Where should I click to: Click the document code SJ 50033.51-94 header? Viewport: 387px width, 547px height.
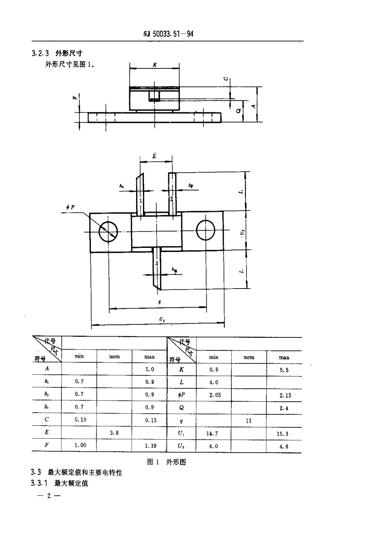pos(168,34)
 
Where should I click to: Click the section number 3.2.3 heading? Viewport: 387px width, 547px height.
pos(40,53)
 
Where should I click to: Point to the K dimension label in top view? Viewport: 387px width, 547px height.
pos(155,64)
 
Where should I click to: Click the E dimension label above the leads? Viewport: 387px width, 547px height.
pos(154,156)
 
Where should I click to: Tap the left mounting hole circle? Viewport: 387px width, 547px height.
pos(108,232)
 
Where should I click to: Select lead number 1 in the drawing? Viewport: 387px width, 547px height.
pos(140,201)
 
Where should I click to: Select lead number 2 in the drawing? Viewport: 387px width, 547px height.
pos(172,199)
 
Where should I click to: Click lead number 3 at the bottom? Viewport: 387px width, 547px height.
pos(157,264)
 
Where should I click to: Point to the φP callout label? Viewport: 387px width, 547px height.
pos(70,207)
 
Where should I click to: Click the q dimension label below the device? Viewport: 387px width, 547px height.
pos(159,302)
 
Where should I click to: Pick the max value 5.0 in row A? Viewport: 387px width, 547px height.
pos(150,370)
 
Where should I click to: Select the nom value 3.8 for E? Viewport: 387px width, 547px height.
pos(114,433)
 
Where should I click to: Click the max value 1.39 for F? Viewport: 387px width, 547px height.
pos(150,446)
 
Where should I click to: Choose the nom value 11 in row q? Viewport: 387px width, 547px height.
pos(248,421)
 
